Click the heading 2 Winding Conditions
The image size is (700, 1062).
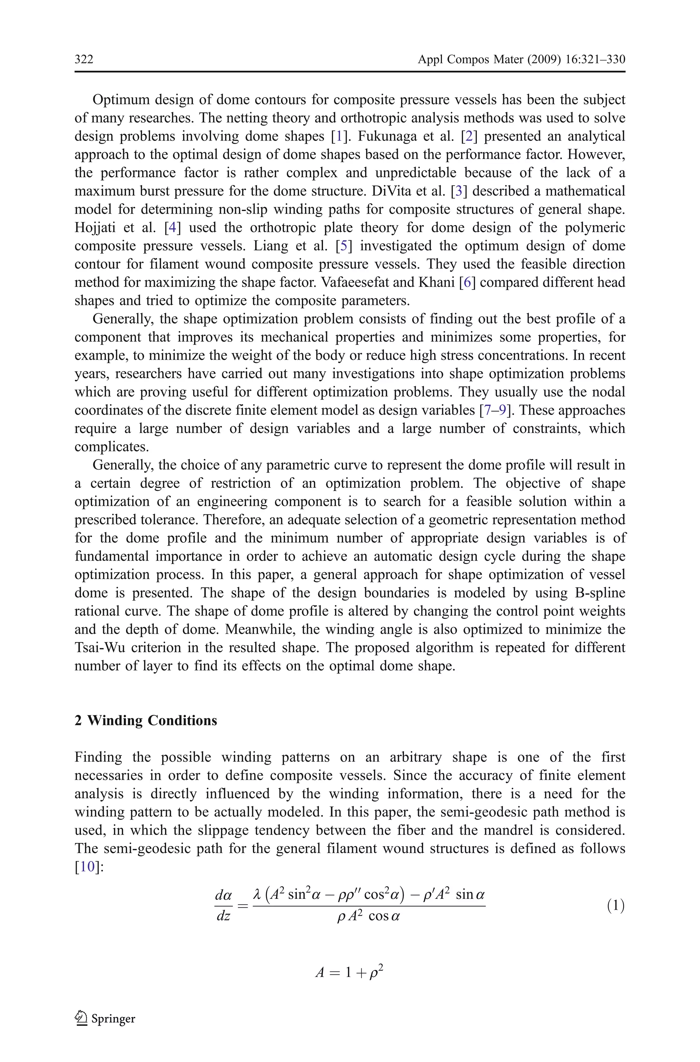(x=146, y=721)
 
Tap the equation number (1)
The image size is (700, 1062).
(x=616, y=906)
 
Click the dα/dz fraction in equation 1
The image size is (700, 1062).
(x=223, y=906)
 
